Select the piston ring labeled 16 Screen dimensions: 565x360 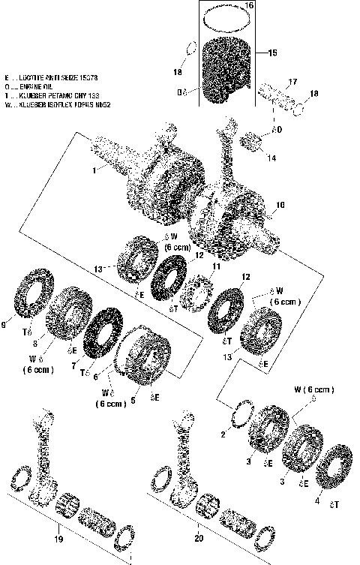click(229, 14)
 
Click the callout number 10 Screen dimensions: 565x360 click(280, 203)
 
